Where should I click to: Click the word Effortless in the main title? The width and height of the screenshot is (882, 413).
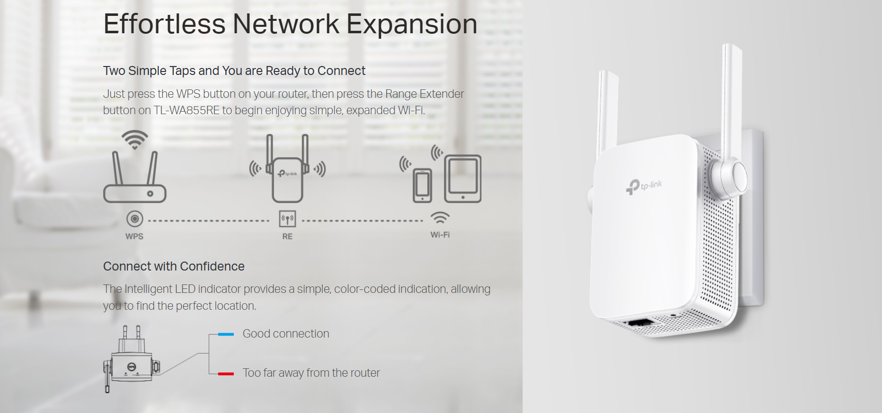[164, 24]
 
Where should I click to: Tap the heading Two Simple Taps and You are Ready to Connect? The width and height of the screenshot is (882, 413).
[234, 71]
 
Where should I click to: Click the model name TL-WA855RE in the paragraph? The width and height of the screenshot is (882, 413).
[186, 110]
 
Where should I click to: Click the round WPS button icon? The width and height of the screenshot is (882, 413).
[135, 218]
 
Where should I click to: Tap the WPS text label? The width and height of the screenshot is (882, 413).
[134, 236]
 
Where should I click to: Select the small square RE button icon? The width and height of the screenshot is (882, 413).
[287, 218]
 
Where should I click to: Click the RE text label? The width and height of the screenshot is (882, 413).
[287, 236]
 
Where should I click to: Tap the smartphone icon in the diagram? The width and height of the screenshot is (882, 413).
[422, 185]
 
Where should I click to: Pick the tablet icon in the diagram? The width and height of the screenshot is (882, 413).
[463, 179]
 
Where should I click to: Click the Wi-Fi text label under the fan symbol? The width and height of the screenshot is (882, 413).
[440, 235]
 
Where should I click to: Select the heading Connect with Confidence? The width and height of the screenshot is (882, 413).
[174, 267]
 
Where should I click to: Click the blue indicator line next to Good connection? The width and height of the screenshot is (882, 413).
[226, 334]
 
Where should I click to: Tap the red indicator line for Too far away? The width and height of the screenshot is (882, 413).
[226, 373]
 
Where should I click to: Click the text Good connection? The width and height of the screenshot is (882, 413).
[285, 334]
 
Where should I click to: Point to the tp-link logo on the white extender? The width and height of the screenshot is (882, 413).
[644, 187]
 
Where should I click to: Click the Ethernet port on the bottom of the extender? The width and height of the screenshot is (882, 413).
[641, 323]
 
